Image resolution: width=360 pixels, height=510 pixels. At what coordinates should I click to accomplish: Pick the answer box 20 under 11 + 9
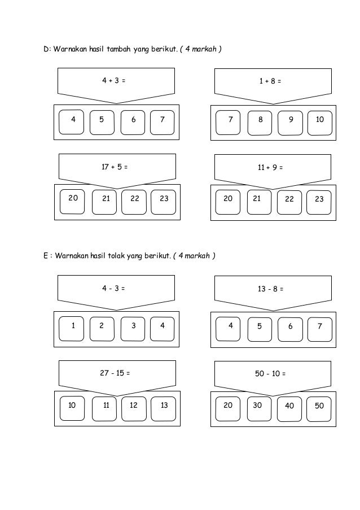(228, 201)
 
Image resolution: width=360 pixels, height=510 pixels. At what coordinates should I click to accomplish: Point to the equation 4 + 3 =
(113, 81)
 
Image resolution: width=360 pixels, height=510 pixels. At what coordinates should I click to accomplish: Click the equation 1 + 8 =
(270, 81)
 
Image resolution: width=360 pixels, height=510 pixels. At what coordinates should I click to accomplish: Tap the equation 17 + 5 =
(114, 167)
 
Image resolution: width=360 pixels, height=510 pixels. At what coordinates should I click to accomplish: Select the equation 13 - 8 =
(270, 289)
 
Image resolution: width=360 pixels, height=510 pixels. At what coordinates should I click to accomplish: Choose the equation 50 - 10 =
(271, 374)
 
